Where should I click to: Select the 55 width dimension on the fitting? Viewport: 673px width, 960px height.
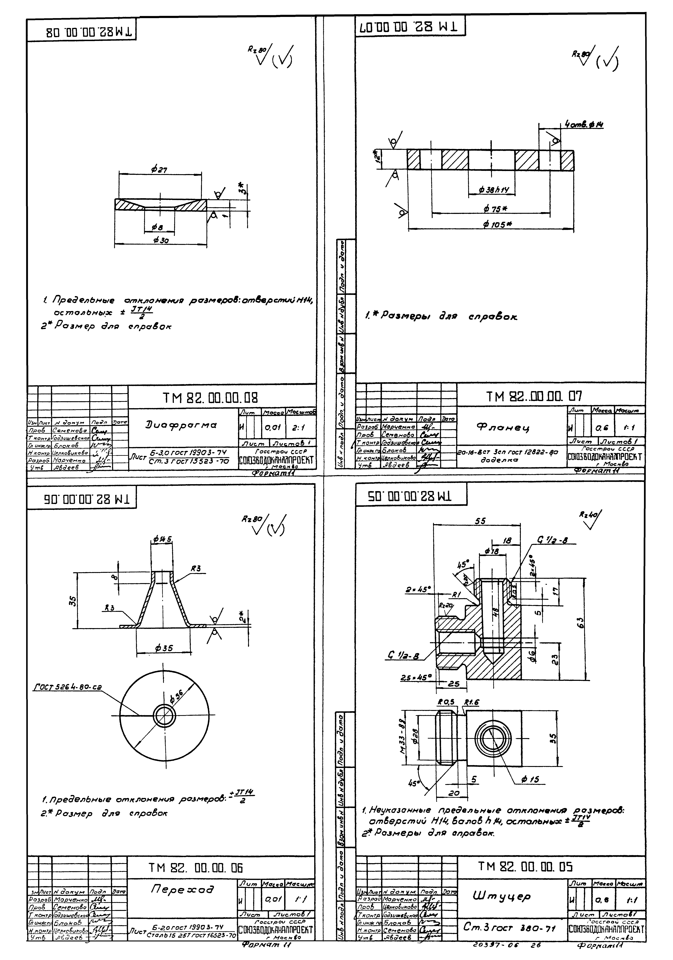tap(480, 521)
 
